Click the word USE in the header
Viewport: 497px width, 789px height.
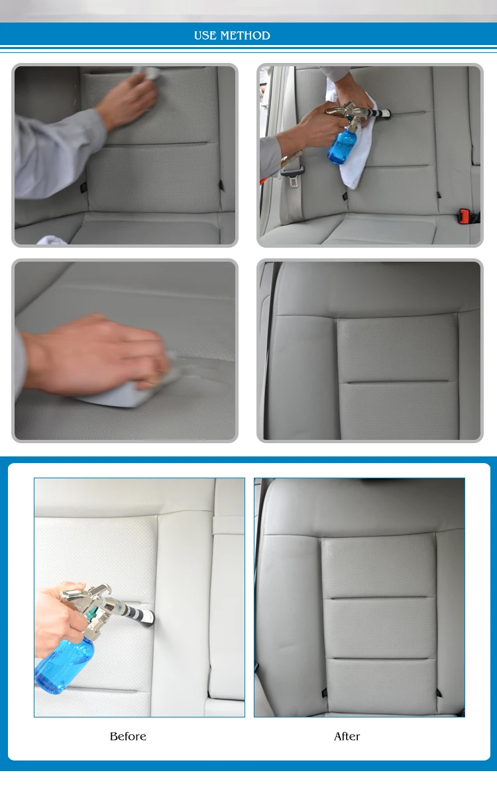(205, 35)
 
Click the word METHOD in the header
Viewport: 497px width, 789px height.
(245, 35)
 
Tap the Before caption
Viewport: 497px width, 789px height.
(128, 736)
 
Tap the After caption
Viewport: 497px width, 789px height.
(347, 736)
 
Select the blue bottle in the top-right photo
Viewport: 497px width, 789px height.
(342, 146)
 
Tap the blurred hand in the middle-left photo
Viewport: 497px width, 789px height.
(95, 354)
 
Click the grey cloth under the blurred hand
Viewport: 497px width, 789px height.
(126, 390)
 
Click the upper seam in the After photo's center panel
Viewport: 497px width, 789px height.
(378, 598)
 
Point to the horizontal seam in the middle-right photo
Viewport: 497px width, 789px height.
(398, 382)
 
